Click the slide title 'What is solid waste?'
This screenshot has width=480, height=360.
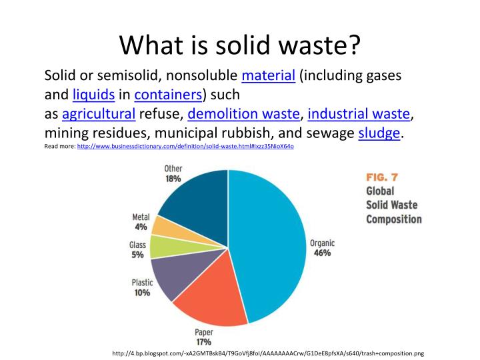240,45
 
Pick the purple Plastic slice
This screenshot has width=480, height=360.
173,276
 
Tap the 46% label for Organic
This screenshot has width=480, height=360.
322,253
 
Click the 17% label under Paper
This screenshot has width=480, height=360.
203,342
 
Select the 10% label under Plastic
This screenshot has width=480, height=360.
141,293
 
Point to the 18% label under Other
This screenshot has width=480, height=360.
173,179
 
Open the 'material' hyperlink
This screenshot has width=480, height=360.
268,76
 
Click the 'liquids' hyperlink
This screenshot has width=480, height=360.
93,95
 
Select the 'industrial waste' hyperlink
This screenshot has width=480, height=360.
359,113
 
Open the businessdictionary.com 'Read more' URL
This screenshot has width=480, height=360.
185,146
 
